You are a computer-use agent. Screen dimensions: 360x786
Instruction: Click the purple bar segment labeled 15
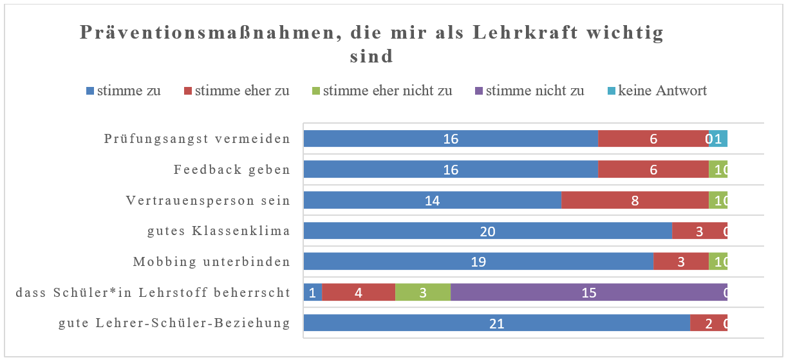588,292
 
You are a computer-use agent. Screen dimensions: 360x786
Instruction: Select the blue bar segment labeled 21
496,323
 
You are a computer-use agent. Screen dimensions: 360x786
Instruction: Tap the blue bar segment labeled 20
487,231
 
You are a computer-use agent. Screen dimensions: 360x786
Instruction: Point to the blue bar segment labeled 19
478,261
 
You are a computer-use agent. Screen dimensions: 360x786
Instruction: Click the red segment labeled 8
635,200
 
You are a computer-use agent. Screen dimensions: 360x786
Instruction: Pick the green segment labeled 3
422,292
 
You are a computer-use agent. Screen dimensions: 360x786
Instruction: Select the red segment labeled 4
358,292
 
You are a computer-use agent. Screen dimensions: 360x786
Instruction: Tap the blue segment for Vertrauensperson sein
432,200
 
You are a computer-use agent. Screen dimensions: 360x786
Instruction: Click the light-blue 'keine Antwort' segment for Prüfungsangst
721,138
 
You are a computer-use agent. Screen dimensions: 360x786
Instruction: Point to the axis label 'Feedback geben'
232,170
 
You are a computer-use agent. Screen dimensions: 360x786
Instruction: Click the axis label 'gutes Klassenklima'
219,231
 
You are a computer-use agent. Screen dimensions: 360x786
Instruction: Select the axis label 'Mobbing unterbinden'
211,262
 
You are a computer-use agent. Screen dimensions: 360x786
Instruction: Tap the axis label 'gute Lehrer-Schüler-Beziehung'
174,323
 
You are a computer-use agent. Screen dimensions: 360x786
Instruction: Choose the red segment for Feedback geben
653,169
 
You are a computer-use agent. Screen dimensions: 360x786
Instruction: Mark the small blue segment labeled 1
312,292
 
